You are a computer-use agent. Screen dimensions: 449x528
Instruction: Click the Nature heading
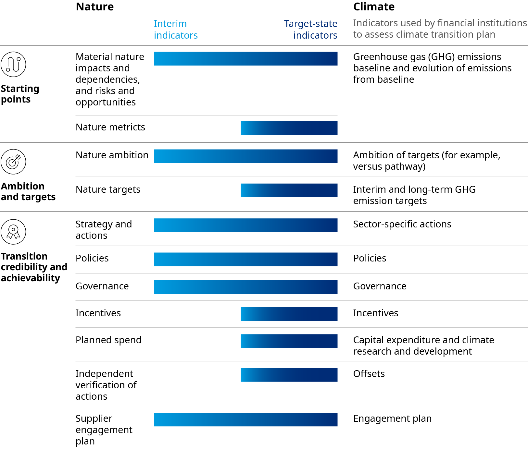pos(95,7)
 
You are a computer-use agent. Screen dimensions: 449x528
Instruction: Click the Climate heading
pos(374,7)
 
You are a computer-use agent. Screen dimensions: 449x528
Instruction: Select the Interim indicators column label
pos(176,29)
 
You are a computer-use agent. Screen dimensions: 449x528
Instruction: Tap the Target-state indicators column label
pos(311,29)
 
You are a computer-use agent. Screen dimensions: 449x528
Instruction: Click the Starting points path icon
pos(13,64)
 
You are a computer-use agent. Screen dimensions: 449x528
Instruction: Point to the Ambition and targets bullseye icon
pos(13,162)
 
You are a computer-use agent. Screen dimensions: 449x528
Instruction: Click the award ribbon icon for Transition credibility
pos(13,232)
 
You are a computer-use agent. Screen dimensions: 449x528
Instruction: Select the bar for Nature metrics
pos(289,128)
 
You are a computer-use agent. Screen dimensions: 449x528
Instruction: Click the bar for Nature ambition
pos(245,156)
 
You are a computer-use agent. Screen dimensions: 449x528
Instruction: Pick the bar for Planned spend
pos(289,341)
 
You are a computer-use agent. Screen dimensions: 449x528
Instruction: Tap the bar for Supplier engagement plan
pos(245,419)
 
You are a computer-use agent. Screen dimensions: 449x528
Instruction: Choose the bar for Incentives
pos(289,314)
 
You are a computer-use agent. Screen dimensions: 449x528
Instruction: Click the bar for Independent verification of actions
pos(289,375)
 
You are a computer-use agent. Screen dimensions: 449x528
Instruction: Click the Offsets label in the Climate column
pos(369,374)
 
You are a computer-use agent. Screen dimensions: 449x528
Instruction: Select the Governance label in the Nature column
pos(102,286)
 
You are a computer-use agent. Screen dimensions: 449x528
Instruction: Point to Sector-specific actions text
pos(402,224)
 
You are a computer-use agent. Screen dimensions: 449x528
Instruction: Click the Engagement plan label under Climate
pos(392,419)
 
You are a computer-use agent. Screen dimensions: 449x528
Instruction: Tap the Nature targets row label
pos(108,189)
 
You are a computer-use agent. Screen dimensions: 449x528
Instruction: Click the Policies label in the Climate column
pos(370,258)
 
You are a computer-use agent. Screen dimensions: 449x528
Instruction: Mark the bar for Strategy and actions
pos(245,225)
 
